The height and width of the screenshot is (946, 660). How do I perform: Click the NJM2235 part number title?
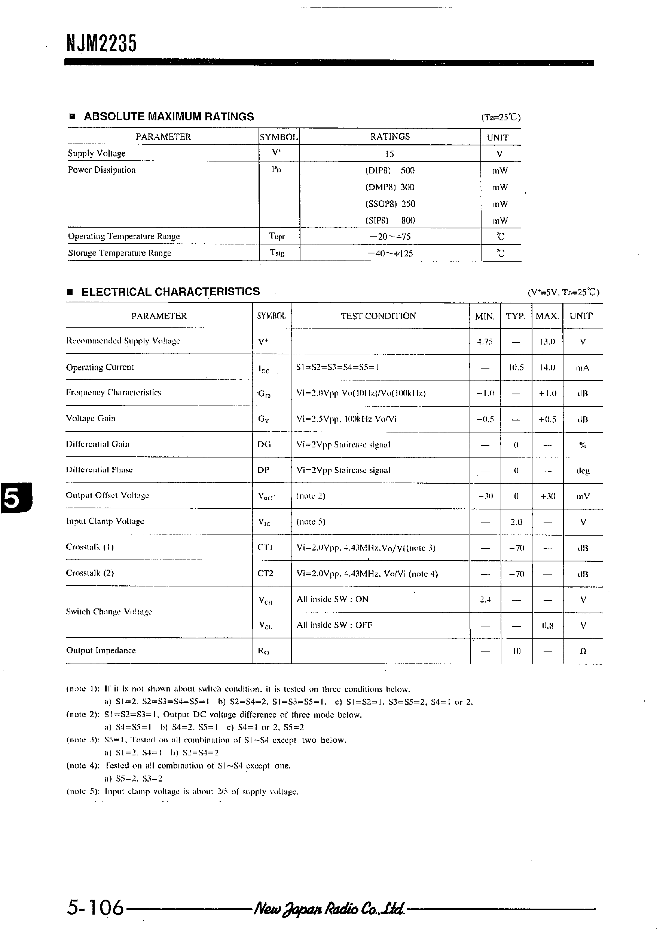coord(101,43)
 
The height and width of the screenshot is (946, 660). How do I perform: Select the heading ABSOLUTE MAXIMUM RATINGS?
coord(168,117)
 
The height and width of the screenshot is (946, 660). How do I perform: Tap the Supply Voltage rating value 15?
coord(389,154)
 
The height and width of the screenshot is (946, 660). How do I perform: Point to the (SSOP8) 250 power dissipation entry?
coord(390,204)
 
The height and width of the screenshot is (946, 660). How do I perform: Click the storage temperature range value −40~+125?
coord(390,253)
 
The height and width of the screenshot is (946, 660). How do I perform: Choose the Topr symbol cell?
coord(277,237)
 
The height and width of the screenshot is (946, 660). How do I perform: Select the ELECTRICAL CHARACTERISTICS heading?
coord(170,292)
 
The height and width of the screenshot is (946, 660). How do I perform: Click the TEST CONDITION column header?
coord(378,316)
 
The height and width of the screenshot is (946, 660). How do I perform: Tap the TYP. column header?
coord(516,317)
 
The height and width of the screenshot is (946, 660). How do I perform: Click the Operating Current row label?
coord(100,367)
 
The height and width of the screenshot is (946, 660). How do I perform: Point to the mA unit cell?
coord(583,367)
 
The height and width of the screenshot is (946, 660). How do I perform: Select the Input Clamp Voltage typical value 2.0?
coord(516,522)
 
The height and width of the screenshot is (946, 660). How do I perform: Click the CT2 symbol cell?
coord(265,573)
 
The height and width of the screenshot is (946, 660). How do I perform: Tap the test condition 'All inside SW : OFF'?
coord(334,625)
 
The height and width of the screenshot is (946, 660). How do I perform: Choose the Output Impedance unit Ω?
coord(583,651)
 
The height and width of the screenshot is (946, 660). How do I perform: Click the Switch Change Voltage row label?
coord(109,612)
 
